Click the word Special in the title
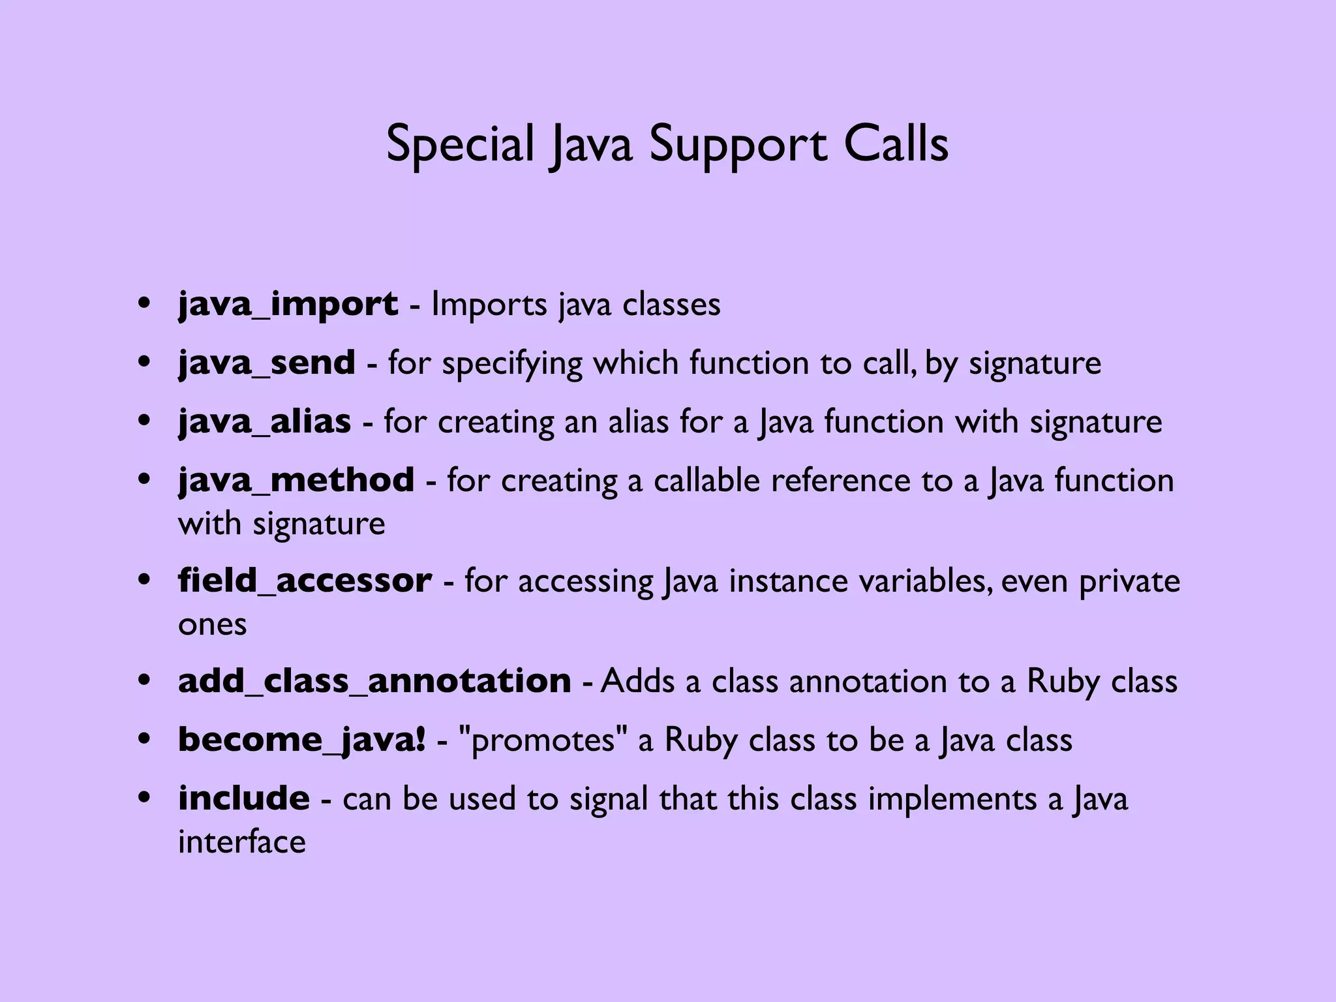pos(460,145)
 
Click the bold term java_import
pos(288,304)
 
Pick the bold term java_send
pos(267,363)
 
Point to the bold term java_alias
pos(264,421)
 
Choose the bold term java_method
pos(296,480)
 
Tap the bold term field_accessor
pos(305,581)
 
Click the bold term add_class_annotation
pos(374,681)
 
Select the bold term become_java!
pos(302,740)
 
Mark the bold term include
pos(244,798)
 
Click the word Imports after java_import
pos(489,305)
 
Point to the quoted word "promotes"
pos(543,740)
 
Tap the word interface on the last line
pos(242,842)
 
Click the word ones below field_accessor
pos(213,624)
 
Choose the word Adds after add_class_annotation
pos(637,681)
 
